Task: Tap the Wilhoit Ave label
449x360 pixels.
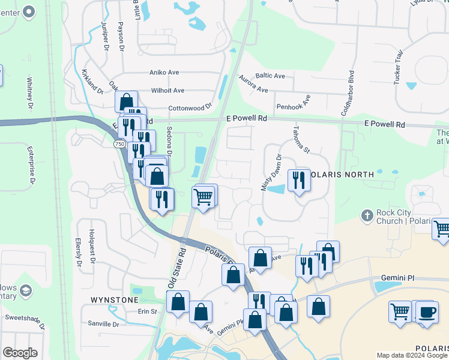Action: tap(168, 91)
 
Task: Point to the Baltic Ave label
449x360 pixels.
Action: tap(270, 76)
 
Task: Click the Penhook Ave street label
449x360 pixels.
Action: tap(294, 105)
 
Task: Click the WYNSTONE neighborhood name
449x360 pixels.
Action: tap(110, 299)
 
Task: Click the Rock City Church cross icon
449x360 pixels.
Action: tap(367, 214)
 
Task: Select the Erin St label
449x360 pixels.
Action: tap(147, 311)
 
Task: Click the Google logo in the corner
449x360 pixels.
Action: tap(20, 353)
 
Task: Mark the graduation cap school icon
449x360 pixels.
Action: tap(26, 292)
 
